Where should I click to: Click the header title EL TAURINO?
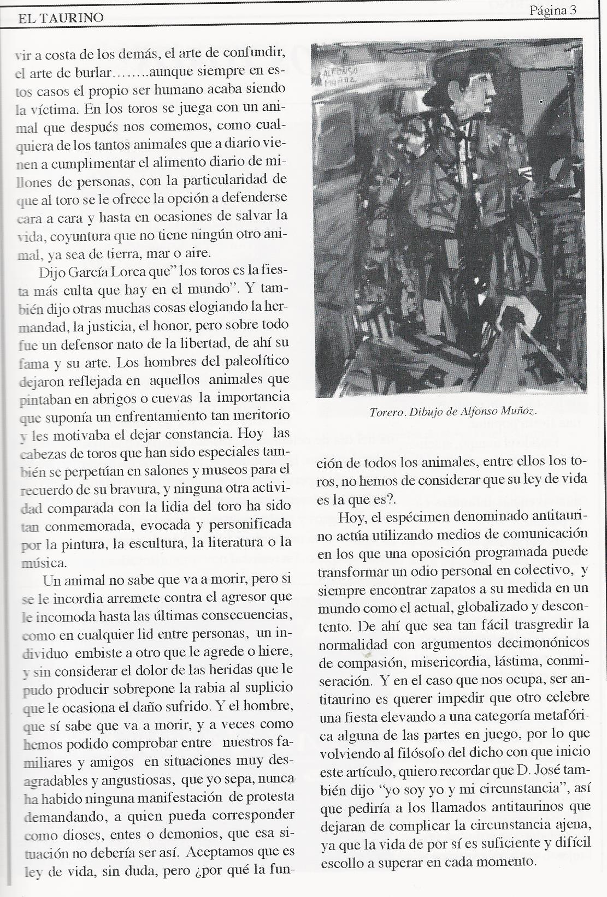[60, 18]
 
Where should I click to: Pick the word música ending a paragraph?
[43, 563]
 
